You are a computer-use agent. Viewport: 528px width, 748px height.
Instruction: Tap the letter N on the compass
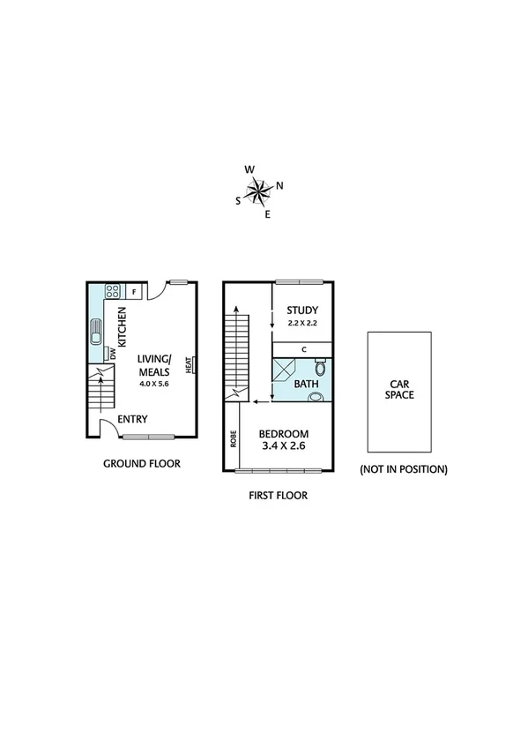(x=279, y=185)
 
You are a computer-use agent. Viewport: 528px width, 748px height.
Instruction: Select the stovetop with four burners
(x=113, y=291)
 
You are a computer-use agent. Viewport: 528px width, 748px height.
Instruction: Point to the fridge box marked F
(x=134, y=291)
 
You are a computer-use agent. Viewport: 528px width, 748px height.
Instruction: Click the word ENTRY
(x=132, y=419)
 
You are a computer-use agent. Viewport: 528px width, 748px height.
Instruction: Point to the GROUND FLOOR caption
(x=142, y=463)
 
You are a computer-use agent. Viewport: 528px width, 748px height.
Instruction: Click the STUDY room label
(x=301, y=310)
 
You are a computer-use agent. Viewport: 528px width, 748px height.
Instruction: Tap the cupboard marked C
(x=303, y=349)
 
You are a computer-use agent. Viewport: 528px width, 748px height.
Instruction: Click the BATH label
(x=306, y=385)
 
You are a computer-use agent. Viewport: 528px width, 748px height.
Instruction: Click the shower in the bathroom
(x=283, y=370)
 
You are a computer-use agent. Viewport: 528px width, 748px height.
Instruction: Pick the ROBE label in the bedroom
(x=234, y=439)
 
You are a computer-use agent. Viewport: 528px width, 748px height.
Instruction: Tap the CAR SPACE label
(x=399, y=389)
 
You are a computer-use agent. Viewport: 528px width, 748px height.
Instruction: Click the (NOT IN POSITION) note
(x=403, y=469)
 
